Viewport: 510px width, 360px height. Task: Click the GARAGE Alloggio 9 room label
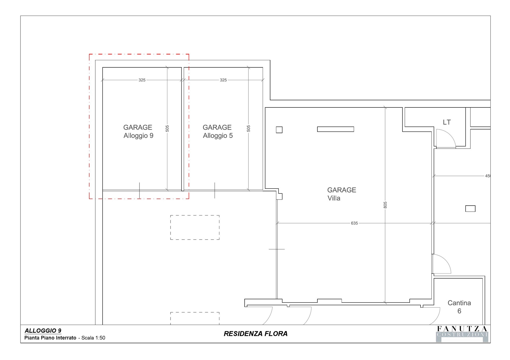click(138, 132)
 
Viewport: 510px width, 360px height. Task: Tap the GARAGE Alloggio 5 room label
click(218, 132)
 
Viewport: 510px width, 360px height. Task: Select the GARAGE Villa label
click(342, 194)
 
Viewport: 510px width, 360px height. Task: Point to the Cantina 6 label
click(459, 307)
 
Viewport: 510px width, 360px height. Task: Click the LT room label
click(447, 122)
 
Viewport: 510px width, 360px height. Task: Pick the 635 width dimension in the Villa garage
click(354, 223)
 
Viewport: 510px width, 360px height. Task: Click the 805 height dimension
click(385, 205)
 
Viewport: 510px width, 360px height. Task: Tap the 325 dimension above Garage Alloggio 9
click(142, 80)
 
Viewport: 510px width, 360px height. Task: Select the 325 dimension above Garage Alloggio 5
click(223, 80)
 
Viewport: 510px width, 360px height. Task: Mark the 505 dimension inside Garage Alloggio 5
click(249, 129)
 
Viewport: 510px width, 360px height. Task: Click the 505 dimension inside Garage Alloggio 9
click(167, 129)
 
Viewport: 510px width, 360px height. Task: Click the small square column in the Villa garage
click(279, 130)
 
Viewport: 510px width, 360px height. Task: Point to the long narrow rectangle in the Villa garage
click(335, 129)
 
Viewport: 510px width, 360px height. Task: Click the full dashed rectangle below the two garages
click(195, 228)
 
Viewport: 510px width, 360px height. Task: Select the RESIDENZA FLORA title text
click(256, 334)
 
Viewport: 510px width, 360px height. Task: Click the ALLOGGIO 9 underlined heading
click(43, 331)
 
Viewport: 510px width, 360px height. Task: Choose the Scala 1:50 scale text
click(93, 338)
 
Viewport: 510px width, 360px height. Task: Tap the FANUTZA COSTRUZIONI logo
click(462, 334)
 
